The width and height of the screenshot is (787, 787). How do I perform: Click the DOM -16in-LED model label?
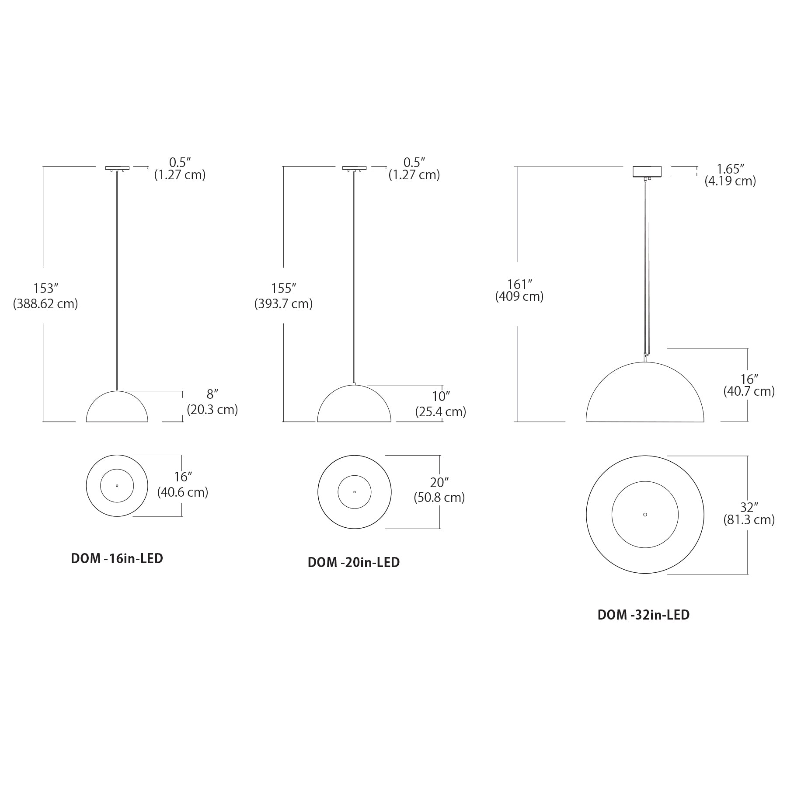click(117, 558)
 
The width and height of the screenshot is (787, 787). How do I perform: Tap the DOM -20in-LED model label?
click(354, 562)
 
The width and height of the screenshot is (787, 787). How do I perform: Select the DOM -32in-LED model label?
click(644, 615)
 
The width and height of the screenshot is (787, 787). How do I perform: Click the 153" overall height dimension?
click(46, 289)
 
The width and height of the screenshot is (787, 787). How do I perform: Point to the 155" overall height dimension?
click(284, 289)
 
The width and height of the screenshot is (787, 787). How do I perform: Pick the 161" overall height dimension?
click(519, 285)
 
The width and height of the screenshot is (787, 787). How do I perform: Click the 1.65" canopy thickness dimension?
click(730, 169)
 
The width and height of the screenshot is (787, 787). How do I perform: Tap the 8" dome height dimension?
click(212, 394)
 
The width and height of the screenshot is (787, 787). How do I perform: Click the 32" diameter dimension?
click(749, 507)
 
